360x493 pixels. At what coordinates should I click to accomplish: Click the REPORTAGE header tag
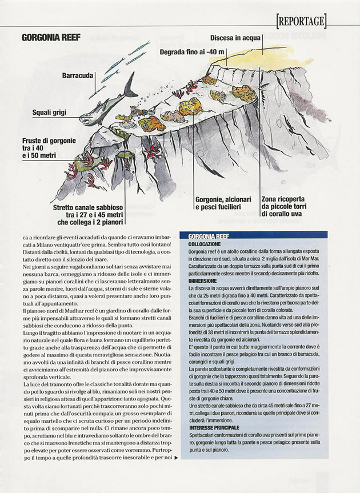302,22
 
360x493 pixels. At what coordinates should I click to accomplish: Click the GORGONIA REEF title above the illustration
51,38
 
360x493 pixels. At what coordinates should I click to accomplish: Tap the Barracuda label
78,75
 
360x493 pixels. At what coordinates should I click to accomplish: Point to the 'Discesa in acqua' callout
235,38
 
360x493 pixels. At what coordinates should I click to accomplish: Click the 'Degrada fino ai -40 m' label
192,53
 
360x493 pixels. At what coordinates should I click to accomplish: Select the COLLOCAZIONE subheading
206,244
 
